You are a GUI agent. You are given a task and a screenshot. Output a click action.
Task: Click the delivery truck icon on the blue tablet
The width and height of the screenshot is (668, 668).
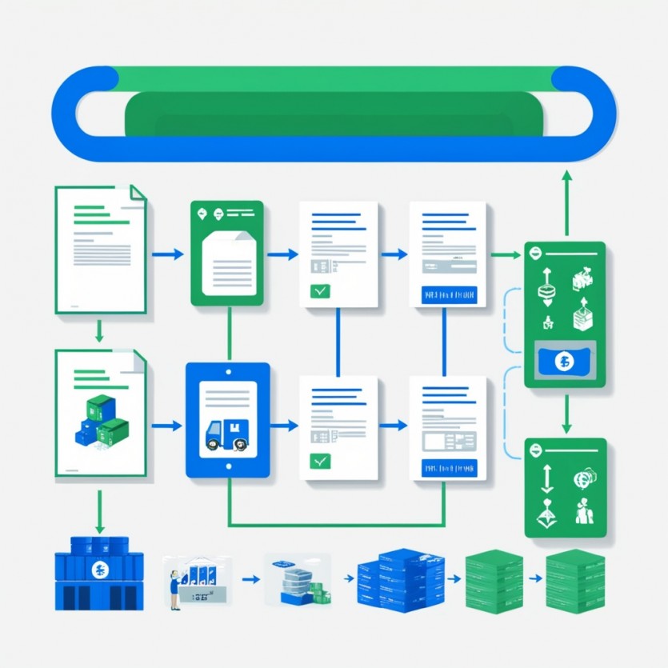point(226,434)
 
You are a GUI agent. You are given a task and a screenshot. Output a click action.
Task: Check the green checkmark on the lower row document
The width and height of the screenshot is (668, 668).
point(320,462)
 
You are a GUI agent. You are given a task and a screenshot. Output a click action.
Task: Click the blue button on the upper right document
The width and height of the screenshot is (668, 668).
point(447,294)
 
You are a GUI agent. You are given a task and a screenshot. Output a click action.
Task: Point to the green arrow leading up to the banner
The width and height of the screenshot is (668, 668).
point(566,200)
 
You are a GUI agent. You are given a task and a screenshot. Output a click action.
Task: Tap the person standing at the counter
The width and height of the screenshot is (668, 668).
point(174,590)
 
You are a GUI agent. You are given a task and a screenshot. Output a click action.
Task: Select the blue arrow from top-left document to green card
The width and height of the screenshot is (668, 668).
point(167,254)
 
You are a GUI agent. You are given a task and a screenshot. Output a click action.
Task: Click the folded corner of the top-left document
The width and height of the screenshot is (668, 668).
point(138,194)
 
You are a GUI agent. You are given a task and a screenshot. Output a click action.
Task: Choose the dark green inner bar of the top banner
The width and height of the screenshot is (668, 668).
point(334,113)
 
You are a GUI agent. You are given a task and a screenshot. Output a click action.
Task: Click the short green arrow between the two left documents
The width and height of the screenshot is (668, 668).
point(99,330)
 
